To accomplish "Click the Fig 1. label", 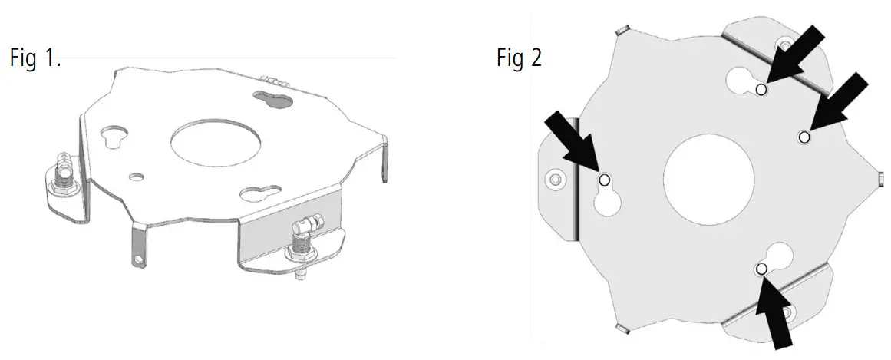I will (x=35, y=58).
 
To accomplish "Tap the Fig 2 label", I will (x=519, y=58).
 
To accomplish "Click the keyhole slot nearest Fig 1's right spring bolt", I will (x=258, y=193).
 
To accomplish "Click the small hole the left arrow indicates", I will (x=603, y=180).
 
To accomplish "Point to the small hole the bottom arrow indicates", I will (x=761, y=269).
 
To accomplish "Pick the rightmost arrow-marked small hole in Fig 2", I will (x=804, y=137).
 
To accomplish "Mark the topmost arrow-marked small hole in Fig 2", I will (x=761, y=90).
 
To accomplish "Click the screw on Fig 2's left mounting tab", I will (x=555, y=180).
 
